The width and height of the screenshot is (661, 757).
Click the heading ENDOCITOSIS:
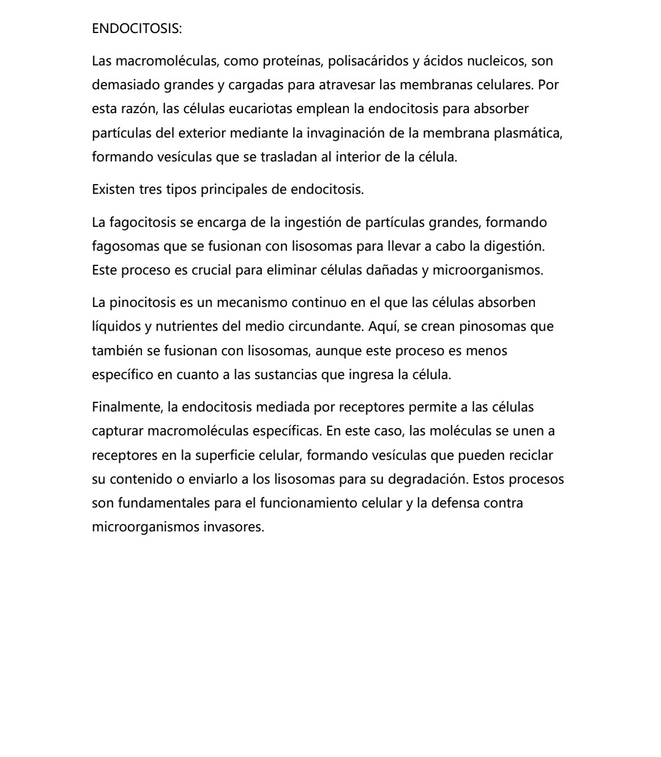[136, 29]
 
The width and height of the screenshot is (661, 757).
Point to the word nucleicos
[496, 61]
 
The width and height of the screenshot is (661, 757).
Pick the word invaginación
[345, 133]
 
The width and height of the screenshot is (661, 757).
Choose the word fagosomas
[125, 246]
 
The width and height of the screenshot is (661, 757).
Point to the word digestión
[514, 246]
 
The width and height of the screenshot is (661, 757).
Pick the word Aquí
[384, 327]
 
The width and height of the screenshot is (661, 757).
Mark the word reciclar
[528, 456]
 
